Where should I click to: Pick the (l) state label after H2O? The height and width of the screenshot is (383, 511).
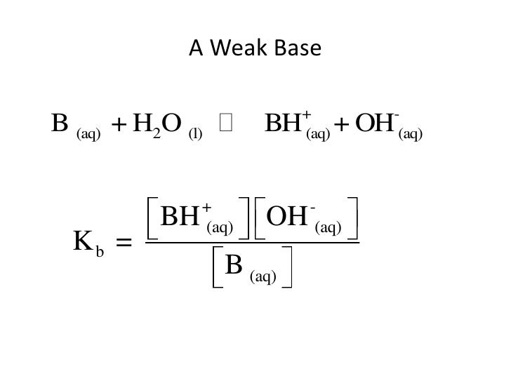(195, 133)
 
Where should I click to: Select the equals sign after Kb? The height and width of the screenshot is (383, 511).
(124, 243)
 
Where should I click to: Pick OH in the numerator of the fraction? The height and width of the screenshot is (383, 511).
(288, 217)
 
